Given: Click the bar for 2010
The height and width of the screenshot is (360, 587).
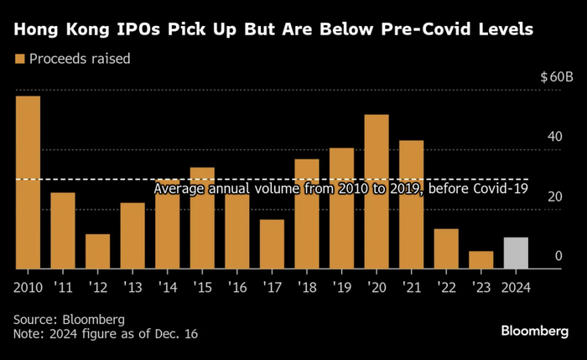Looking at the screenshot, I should tap(28, 182).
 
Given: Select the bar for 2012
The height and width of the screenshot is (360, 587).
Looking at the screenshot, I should tap(97, 251).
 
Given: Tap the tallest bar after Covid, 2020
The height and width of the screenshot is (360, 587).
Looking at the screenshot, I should tap(377, 191).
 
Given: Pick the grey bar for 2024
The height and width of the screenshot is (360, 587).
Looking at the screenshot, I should tap(516, 253).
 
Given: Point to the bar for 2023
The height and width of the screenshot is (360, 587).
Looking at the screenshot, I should tap(481, 259).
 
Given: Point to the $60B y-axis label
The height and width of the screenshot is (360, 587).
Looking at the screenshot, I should tap(557, 77).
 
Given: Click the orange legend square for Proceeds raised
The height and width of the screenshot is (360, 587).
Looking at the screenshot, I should tap(20, 60).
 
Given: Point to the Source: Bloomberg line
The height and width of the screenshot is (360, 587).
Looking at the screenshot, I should tap(69, 320).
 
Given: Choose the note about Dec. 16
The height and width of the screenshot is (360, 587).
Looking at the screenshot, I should tap(106, 334).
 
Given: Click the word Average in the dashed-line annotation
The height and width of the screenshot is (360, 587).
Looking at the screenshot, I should tap(178, 190).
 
